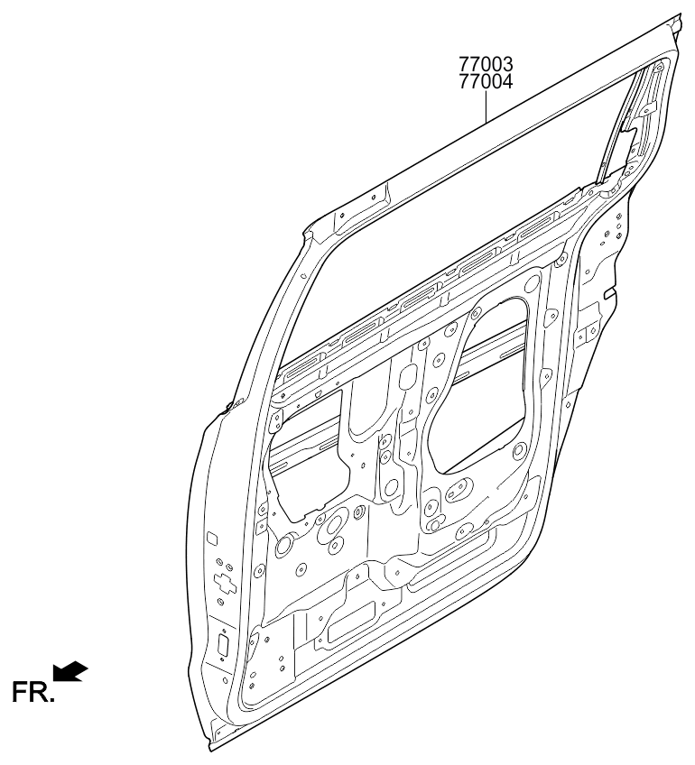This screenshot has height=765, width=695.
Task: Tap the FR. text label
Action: tap(32, 692)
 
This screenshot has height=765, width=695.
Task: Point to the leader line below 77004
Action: tap(486, 106)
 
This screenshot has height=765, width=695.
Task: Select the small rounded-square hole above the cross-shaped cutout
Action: tap(213, 539)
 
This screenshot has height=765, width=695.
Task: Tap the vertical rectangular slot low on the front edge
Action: tap(223, 646)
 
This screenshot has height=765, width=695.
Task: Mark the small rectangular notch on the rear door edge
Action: tap(610, 294)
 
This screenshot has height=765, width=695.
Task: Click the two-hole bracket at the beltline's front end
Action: tap(277, 420)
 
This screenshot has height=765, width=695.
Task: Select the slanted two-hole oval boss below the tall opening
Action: tap(459, 490)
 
